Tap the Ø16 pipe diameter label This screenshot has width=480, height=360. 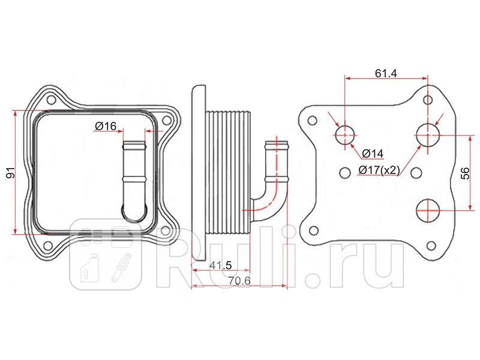tap(106, 126)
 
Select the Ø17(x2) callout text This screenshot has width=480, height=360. tap(379, 170)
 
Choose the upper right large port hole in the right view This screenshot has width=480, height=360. tap(428, 135)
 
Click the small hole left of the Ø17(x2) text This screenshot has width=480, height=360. tap(344, 172)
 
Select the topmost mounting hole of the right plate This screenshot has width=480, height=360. tap(427, 100)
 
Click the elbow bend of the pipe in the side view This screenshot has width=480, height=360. tap(268, 204)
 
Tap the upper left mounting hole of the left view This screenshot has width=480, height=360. tap(50, 99)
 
